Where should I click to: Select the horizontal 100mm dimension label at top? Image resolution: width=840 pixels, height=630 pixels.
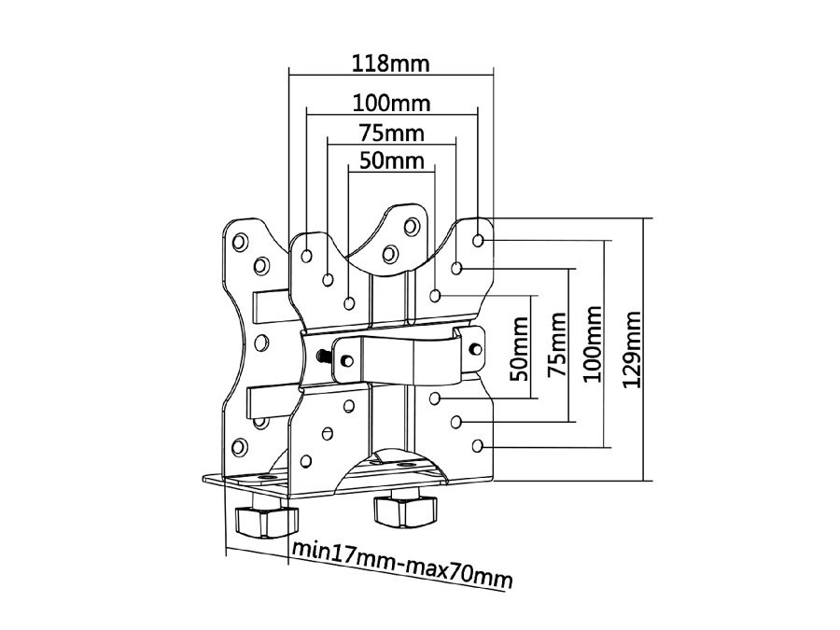[x=391, y=101]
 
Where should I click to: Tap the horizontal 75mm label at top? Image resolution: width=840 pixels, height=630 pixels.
[x=391, y=132]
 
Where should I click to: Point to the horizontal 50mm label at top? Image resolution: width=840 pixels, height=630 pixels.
[x=391, y=161]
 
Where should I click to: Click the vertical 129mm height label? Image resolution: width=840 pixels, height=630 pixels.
[x=632, y=349]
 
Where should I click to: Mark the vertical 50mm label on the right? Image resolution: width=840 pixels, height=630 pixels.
[x=519, y=349]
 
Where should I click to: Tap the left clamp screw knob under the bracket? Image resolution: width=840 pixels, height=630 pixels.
[x=263, y=519]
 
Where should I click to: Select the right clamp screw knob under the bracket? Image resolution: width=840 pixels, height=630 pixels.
[x=404, y=511]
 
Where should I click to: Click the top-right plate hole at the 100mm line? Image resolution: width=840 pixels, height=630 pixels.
[x=479, y=241]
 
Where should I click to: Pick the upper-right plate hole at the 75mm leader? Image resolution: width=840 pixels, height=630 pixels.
[x=456, y=269]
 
